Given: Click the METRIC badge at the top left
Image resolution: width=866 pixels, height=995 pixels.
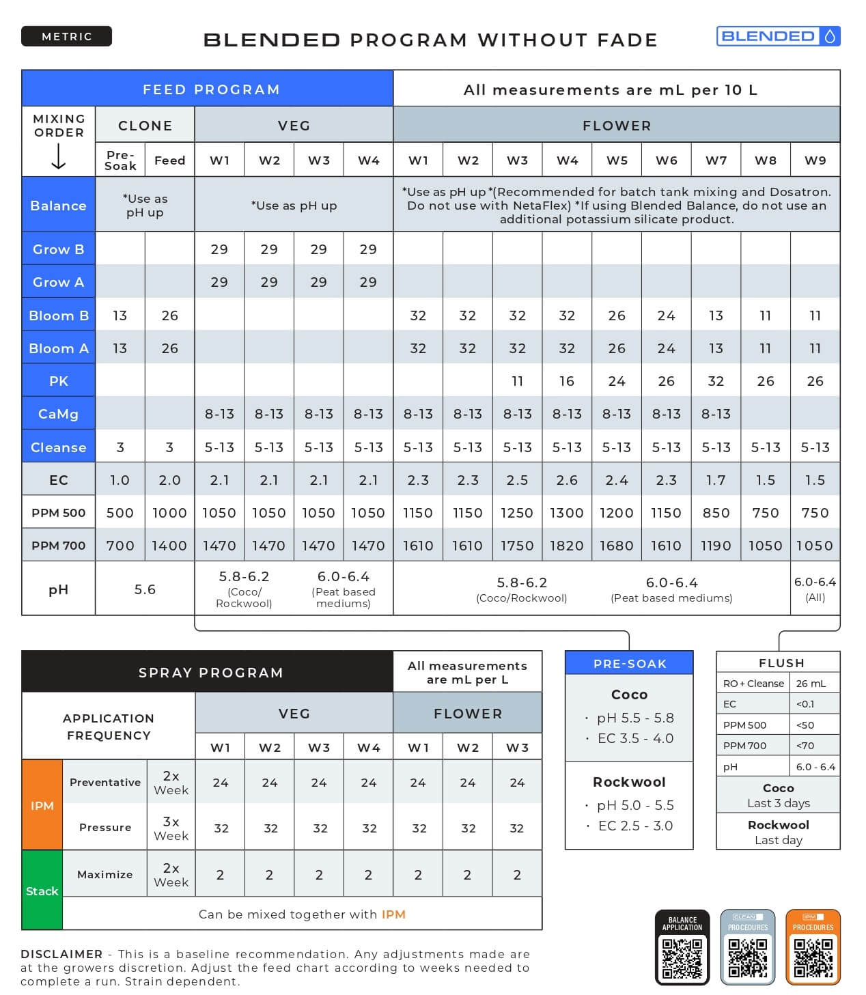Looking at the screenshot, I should (66, 36).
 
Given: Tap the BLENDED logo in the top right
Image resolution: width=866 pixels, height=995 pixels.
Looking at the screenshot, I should (777, 36).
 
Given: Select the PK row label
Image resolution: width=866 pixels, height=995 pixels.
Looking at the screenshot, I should (59, 381).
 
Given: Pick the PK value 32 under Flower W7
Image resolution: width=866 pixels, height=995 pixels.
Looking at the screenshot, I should (716, 381).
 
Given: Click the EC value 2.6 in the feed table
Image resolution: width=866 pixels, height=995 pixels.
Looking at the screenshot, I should (567, 480).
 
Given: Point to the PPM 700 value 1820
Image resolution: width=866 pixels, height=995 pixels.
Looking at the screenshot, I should (567, 546).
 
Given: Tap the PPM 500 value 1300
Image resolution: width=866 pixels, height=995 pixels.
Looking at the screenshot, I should (567, 513).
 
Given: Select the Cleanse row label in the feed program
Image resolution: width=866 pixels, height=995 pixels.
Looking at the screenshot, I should (59, 447).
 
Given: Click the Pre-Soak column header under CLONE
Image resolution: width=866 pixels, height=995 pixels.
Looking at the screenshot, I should (120, 160).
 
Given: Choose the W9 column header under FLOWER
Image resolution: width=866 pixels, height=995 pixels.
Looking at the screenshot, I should (815, 160).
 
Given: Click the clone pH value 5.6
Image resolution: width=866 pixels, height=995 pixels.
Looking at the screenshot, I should (145, 589).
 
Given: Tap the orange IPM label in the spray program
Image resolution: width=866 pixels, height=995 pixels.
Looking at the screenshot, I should (42, 806).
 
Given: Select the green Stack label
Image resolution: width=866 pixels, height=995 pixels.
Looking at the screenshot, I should (42, 891).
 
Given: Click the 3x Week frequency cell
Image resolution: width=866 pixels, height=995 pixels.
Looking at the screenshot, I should (171, 828).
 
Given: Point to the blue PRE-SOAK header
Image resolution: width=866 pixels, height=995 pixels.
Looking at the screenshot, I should (629, 663).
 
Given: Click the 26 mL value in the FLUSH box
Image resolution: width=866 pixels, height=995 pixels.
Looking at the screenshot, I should (811, 684).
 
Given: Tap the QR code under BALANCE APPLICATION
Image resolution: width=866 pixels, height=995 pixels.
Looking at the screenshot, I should (682, 958).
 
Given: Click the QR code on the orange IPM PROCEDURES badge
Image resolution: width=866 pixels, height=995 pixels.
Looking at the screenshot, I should (813, 958).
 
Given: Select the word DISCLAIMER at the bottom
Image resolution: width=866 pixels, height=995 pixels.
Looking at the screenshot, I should (61, 954).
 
